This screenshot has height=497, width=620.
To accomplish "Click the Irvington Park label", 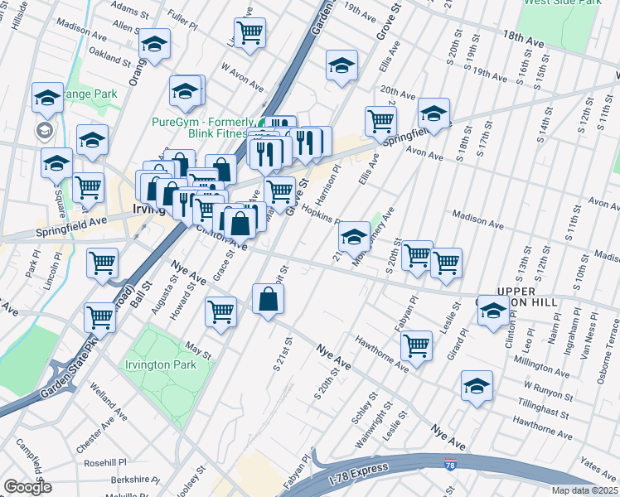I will [x=160, y=364].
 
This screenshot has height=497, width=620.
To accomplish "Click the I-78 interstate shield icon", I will [x=450, y=467].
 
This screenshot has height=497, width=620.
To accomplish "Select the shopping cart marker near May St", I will [x=221, y=312].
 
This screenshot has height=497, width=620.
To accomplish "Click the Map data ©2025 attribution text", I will [x=585, y=490].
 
